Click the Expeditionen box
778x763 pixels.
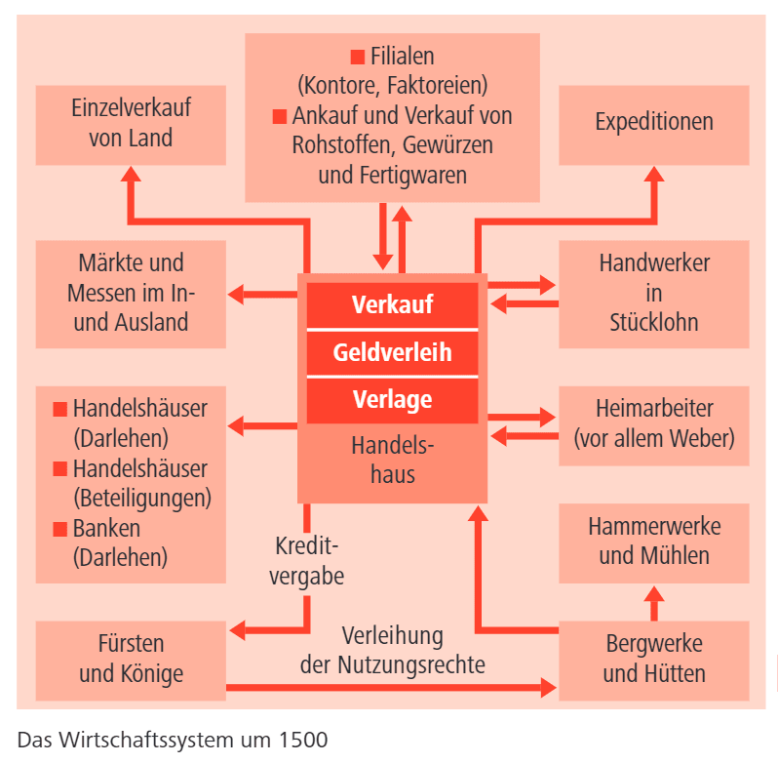654,123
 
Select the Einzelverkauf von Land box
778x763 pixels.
131,123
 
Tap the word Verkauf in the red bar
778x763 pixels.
392,304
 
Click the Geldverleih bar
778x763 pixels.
392,352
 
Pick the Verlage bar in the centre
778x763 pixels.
392,399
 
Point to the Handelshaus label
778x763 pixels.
392,461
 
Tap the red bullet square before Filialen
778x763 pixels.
357,56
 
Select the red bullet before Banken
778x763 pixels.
59,529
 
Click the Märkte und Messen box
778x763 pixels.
131,293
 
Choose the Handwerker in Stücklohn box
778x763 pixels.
654,293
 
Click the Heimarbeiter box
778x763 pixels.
654,422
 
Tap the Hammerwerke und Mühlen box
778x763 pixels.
654,542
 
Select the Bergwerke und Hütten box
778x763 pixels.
654,660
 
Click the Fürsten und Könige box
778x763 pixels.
131,660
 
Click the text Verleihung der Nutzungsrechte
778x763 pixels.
392,652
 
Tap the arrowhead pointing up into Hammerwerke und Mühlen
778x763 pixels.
654,591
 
